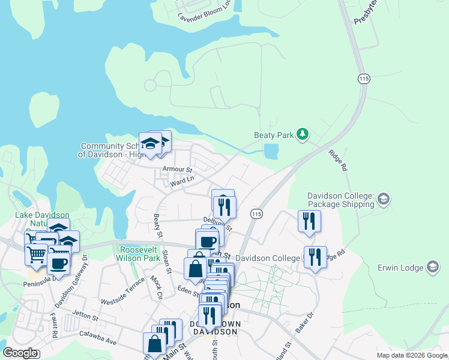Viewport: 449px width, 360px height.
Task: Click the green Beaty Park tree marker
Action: (303, 134)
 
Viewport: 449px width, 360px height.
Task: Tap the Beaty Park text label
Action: (274, 135)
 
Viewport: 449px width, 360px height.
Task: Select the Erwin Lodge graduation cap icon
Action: (432, 268)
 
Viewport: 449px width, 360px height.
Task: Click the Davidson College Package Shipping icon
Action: (384, 198)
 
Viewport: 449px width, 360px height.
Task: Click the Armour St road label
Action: (176, 170)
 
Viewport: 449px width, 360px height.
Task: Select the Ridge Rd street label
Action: (338, 161)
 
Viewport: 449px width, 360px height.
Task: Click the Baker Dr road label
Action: (305, 322)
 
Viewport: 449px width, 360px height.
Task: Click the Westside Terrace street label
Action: (122, 292)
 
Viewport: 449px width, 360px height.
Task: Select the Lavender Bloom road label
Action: (204, 14)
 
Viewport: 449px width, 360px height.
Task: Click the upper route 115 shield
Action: (363, 79)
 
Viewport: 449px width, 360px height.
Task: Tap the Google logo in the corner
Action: (20, 353)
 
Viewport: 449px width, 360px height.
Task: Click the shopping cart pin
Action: (36, 254)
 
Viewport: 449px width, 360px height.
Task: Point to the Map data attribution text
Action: (412, 355)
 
